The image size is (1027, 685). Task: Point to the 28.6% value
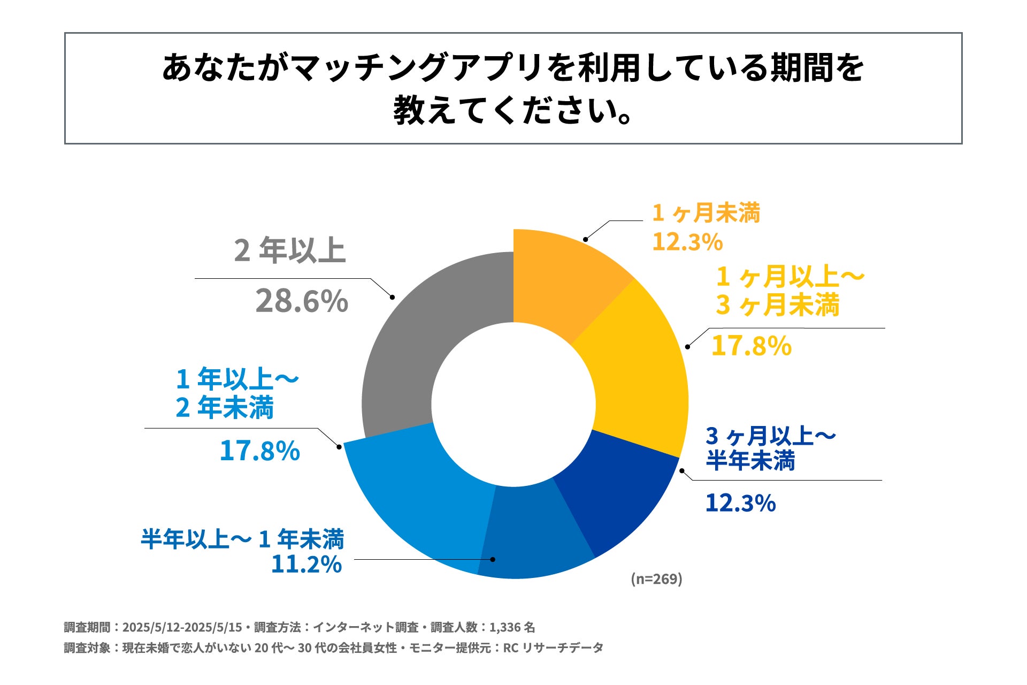(302, 301)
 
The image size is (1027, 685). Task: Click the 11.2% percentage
(306, 565)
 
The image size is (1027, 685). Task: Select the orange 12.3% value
(687, 242)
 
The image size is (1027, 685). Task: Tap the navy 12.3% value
(740, 503)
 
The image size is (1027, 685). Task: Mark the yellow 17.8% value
(751, 346)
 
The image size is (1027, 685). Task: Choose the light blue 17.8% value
(259, 451)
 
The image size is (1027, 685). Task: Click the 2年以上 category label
(290, 250)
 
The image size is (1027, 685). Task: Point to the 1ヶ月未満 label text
(706, 213)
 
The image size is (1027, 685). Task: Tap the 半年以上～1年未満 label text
(242, 539)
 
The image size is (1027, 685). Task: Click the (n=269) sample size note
(656, 579)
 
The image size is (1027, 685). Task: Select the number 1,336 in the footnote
(505, 627)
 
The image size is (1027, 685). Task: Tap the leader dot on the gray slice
(392, 297)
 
